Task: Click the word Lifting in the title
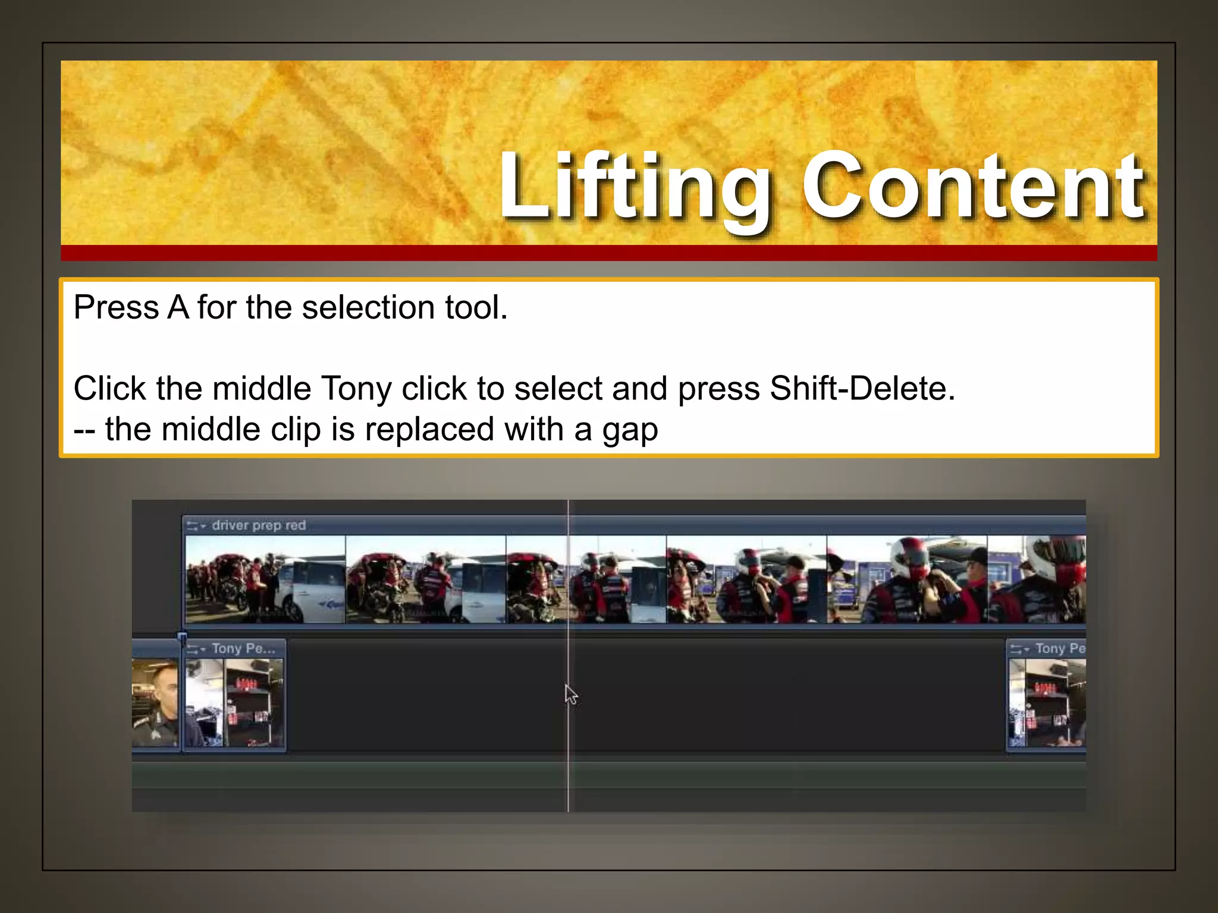[x=634, y=187]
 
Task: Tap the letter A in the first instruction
[x=178, y=308]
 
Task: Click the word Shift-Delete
[x=862, y=389]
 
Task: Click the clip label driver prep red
[x=259, y=525]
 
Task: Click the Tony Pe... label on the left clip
[x=243, y=648]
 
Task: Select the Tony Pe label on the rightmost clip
[x=1060, y=648]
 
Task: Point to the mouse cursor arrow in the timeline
[x=570, y=694]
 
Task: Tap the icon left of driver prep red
[x=195, y=526]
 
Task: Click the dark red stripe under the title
[x=608, y=253]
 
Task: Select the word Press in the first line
[x=116, y=308]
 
